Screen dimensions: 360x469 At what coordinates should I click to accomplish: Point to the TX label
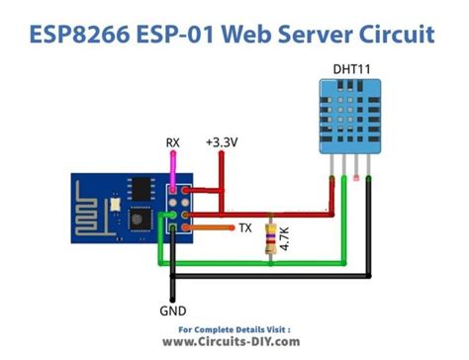[244, 227]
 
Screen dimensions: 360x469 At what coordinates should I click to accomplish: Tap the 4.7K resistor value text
[287, 239]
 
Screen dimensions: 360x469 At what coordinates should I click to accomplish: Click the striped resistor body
[271, 238]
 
